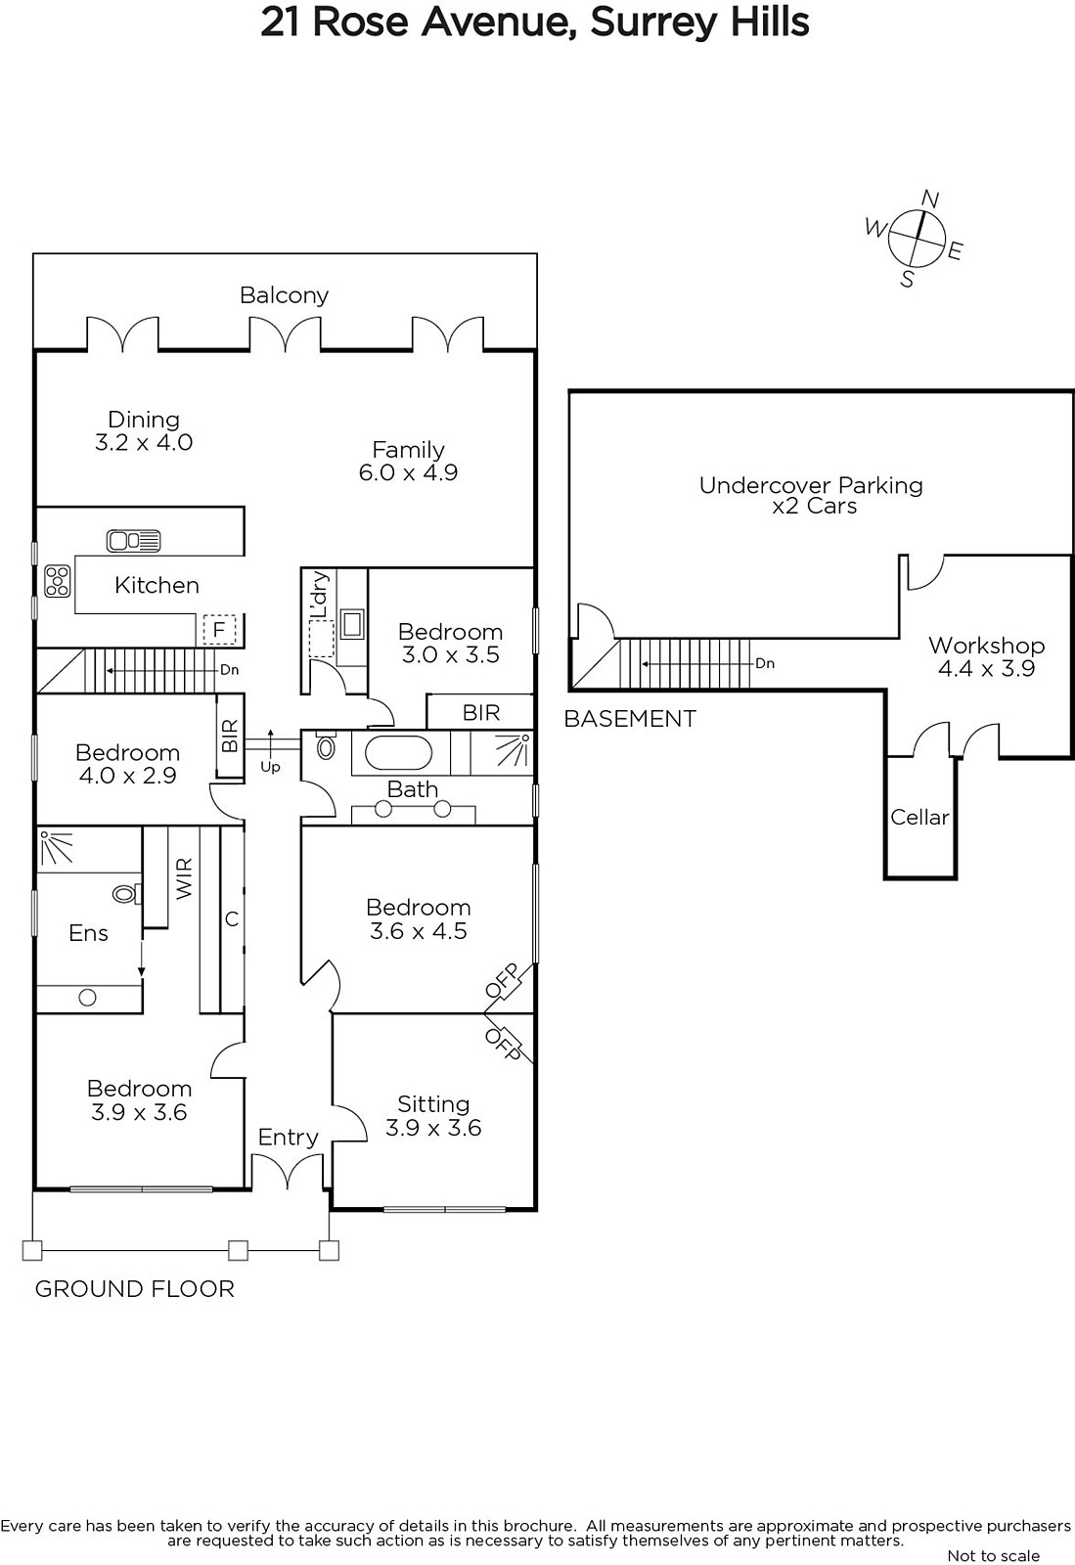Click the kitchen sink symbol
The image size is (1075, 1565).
(x=133, y=541)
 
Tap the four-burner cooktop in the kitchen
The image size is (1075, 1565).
(x=58, y=581)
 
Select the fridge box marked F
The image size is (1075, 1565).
(x=219, y=630)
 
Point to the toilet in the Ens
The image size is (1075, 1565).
(x=127, y=894)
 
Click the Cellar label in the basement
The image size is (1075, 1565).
(x=919, y=817)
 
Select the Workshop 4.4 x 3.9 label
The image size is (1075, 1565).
(x=986, y=656)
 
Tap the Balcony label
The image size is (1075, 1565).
(x=284, y=295)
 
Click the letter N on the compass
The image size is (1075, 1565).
(x=929, y=200)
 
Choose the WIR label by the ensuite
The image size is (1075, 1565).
(x=184, y=879)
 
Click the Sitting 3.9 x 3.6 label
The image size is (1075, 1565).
(x=433, y=1116)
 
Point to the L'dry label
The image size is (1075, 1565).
(x=319, y=595)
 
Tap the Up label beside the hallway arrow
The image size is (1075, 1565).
(x=270, y=767)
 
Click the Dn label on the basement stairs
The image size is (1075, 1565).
(x=765, y=663)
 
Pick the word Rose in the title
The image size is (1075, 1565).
(x=360, y=22)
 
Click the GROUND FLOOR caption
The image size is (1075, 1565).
(x=135, y=1290)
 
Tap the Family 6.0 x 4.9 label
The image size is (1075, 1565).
(x=408, y=461)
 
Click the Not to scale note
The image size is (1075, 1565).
(x=993, y=1555)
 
